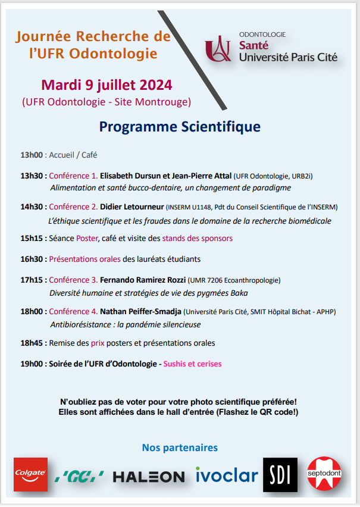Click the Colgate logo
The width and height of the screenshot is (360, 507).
(30, 474)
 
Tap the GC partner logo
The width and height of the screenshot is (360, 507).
(80, 476)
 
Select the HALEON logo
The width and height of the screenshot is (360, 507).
(149, 477)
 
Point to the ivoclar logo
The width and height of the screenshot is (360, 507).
(227, 475)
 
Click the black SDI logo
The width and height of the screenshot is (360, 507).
(280, 474)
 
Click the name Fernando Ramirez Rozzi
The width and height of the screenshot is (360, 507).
(143, 280)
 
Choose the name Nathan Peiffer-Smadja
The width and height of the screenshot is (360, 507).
(140, 311)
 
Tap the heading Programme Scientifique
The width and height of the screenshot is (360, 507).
(180, 127)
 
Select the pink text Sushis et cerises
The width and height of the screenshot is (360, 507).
(192, 363)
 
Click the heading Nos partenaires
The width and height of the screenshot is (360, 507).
(180, 447)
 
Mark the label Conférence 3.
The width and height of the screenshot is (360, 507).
(73, 280)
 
